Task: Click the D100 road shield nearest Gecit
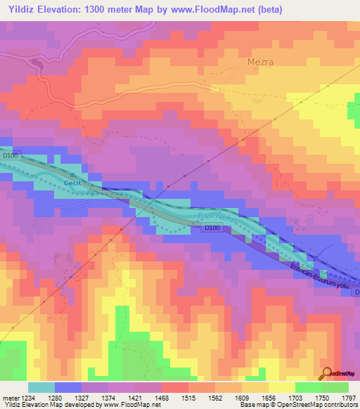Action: coord(9,155)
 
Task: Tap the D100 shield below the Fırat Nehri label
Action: coord(212,228)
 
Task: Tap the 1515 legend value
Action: coord(188,397)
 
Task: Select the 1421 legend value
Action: coord(135,397)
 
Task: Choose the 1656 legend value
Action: coord(268,397)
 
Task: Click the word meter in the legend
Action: coord(10,397)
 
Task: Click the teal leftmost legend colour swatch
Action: coord(41,387)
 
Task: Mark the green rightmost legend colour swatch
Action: coord(335,387)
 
